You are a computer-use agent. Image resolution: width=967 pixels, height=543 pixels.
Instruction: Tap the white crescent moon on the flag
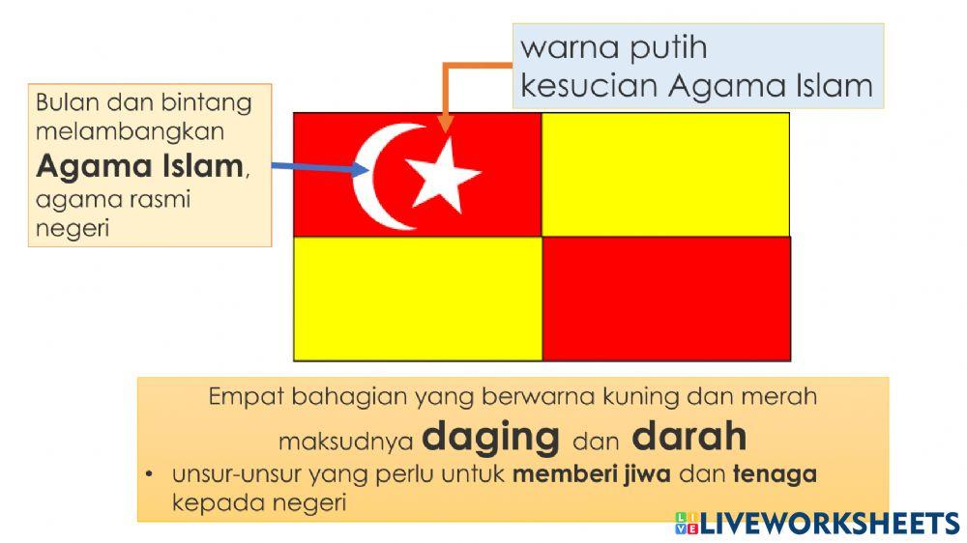click(x=372, y=178)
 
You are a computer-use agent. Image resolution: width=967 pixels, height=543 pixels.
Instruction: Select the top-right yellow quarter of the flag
click(x=665, y=174)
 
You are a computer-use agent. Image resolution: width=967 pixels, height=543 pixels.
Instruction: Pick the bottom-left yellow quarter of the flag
click(x=418, y=298)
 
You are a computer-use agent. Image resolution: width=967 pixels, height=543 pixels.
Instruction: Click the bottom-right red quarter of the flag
click(x=666, y=298)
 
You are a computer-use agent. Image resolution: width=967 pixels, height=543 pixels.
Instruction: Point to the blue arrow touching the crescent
click(x=319, y=167)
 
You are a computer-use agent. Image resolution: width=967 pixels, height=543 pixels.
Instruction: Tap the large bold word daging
click(x=491, y=437)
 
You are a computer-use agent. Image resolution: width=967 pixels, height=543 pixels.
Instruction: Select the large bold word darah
click(x=689, y=437)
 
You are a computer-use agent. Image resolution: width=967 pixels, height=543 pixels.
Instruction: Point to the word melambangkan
click(x=131, y=130)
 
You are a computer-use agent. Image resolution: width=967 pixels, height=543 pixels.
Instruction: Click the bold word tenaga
click(x=775, y=474)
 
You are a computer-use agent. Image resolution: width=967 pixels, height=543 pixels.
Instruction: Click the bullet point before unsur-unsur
click(x=151, y=475)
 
